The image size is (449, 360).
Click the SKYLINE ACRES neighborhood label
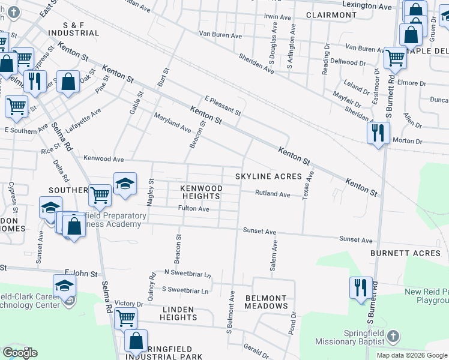click(268, 176)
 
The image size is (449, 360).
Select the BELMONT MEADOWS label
click(266, 302)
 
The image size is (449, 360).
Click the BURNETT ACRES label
click(405, 253)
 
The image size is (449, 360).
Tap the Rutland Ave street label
click(273, 194)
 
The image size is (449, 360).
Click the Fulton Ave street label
click(193, 209)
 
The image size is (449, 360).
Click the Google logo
click(20, 353)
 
